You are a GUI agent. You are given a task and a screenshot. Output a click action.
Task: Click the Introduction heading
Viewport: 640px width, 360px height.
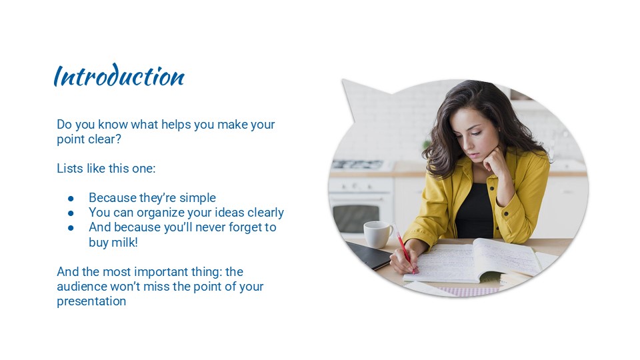point(119,77)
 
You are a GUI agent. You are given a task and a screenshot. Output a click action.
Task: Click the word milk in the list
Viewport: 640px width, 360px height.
point(126,243)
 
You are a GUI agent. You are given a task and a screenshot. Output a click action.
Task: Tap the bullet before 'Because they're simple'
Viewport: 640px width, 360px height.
point(71,199)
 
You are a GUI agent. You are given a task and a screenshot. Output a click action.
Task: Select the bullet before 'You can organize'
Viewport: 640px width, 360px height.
point(71,213)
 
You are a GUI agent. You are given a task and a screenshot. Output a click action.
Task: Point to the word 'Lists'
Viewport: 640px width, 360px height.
point(69,169)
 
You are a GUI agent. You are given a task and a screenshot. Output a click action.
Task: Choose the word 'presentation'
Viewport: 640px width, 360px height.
point(91,301)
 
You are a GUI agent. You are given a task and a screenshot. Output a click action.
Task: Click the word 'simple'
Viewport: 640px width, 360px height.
point(197,198)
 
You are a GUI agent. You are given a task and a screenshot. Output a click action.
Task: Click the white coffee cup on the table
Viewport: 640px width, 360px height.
point(377,234)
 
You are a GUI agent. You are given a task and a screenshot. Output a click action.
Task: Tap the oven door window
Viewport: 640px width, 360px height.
point(355,217)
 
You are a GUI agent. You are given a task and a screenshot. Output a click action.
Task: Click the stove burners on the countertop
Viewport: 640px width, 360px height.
point(357,164)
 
